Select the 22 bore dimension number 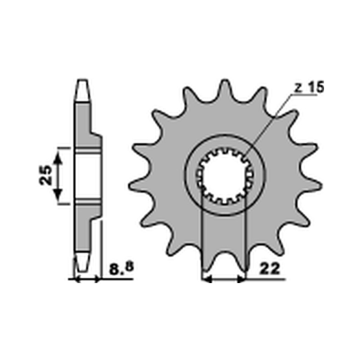tap(270, 269)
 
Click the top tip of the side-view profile tap(82, 82)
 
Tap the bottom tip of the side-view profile tap(81, 269)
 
